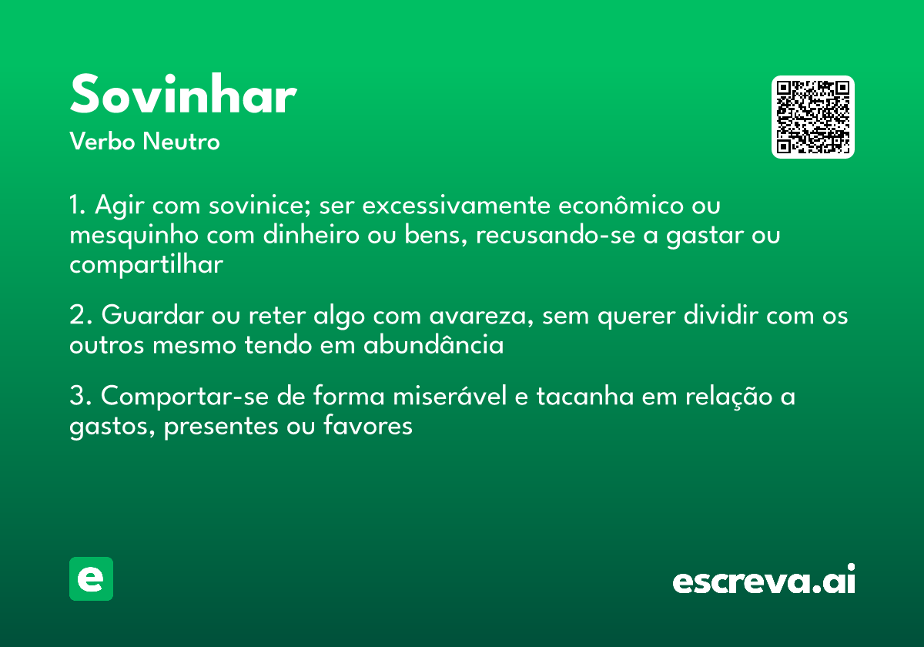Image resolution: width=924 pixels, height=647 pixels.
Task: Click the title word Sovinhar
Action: (x=183, y=96)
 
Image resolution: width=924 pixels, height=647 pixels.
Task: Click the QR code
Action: (x=813, y=117)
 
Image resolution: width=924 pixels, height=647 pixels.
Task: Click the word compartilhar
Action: (x=146, y=264)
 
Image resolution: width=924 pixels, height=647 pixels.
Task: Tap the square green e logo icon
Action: (x=91, y=578)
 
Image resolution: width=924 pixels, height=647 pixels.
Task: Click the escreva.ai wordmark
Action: (x=764, y=580)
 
